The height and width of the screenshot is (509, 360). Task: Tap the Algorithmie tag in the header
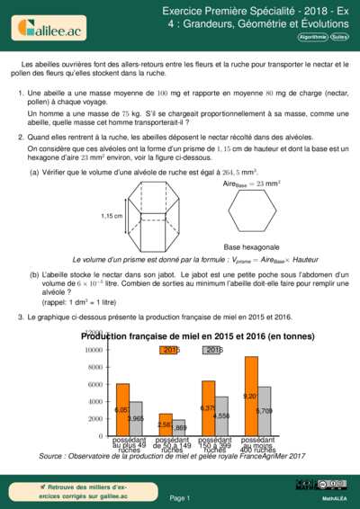tap(311, 39)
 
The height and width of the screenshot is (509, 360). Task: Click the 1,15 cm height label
tap(112, 217)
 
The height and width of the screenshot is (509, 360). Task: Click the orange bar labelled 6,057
tap(122, 410)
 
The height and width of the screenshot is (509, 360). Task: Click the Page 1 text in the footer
tap(180, 497)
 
